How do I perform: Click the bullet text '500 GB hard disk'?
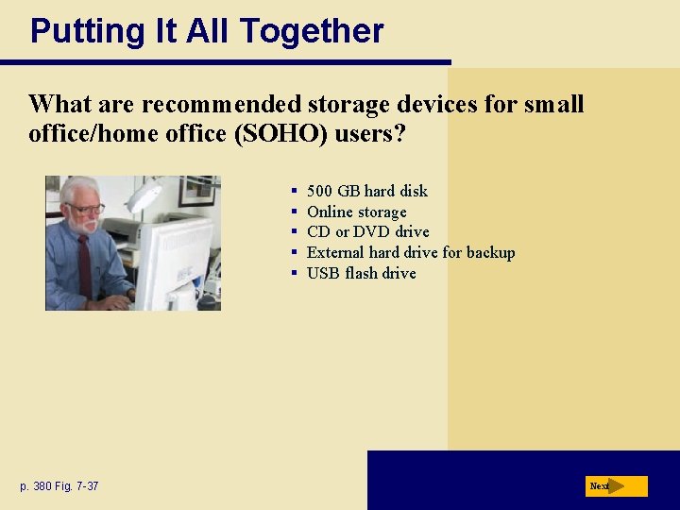click(366, 191)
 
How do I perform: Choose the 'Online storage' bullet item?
click(356, 212)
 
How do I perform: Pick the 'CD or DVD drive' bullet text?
click(367, 232)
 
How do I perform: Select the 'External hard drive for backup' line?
click(411, 252)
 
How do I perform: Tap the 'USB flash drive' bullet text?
click(361, 273)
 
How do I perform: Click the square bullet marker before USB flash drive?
click(295, 274)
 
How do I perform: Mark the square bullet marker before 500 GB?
click(295, 192)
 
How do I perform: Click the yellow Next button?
click(616, 486)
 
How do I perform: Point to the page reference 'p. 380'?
click(37, 486)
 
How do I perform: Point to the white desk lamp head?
click(144, 197)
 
